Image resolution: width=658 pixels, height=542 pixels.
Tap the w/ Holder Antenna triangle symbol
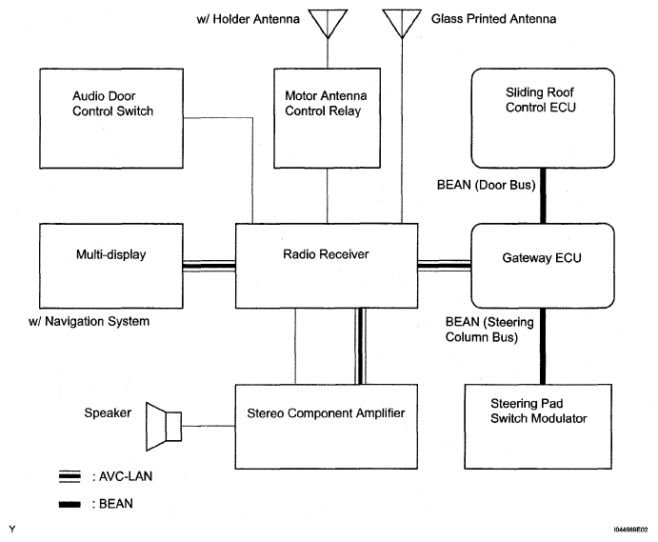[x=327, y=22]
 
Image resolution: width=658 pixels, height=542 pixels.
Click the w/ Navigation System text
[x=90, y=322]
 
